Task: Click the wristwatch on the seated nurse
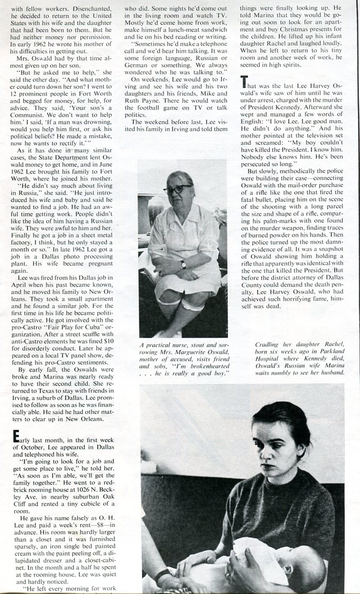183,264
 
